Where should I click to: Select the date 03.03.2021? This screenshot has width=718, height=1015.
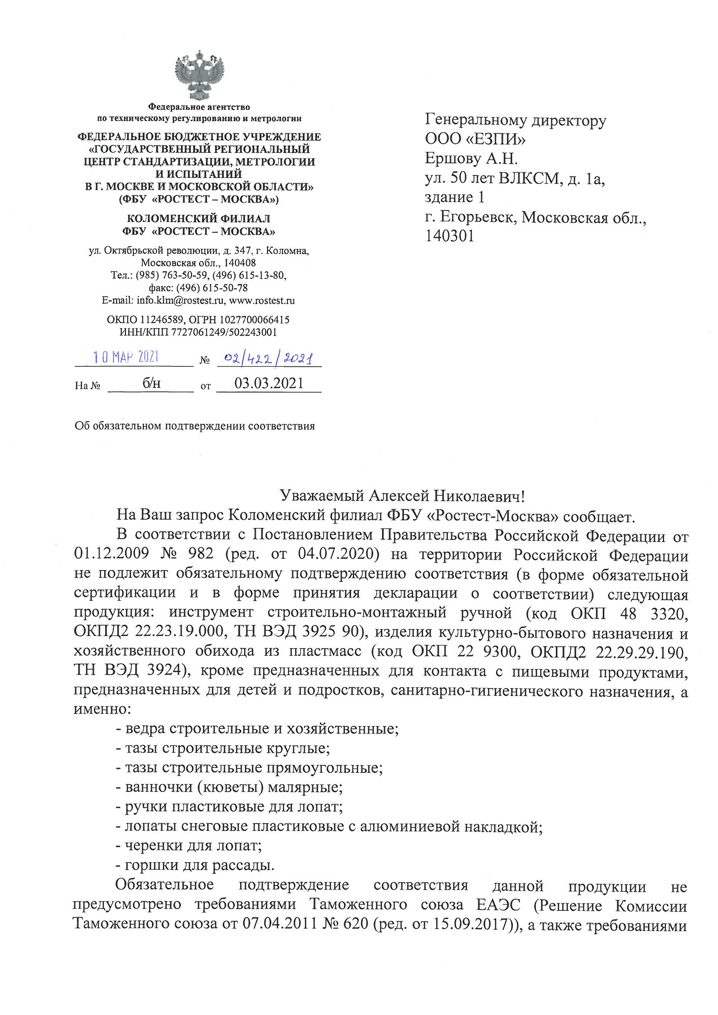click(x=268, y=383)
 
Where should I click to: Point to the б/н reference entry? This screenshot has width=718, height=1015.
click(x=151, y=383)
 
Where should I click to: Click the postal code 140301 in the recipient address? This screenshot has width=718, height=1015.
click(x=449, y=237)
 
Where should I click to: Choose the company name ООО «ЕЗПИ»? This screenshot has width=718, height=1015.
click(x=475, y=140)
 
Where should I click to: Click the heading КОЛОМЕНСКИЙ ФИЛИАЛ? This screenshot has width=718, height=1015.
click(x=199, y=218)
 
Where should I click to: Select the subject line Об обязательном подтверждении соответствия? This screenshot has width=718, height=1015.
click(x=195, y=426)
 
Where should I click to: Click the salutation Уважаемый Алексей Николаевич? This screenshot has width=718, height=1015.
click(x=403, y=497)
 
